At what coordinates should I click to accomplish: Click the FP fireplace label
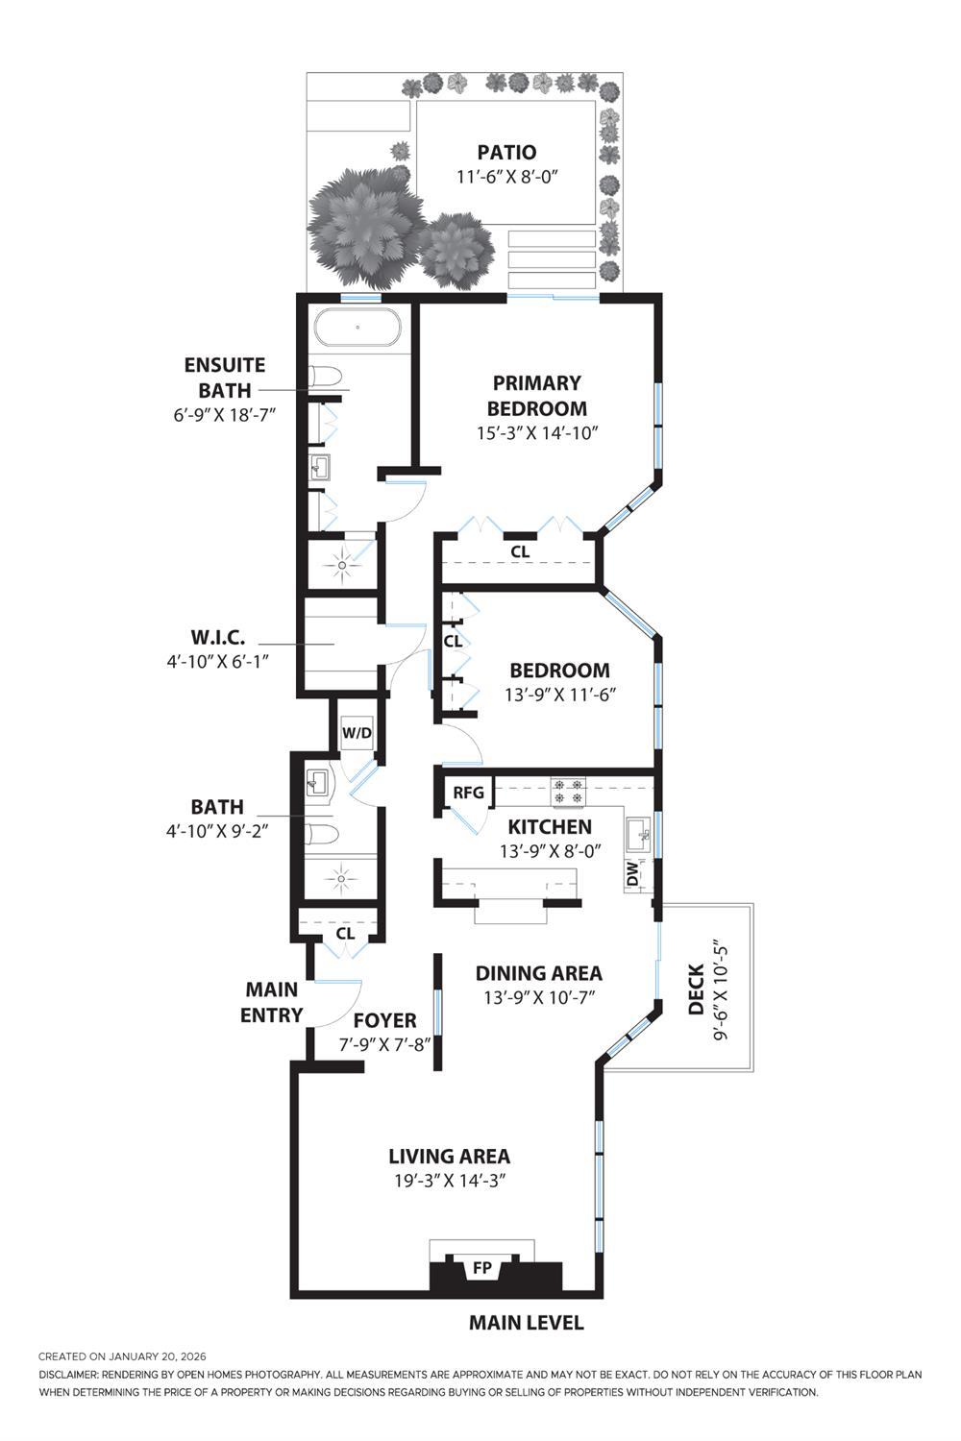coord(482,1268)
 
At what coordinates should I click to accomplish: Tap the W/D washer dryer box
coord(357,733)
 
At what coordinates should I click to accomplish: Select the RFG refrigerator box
coord(468,793)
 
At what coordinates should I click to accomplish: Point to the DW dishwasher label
coord(632,874)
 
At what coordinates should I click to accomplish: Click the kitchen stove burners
coord(566,792)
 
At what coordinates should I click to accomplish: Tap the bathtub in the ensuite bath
coord(357,328)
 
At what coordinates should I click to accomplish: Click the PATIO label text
coord(506,152)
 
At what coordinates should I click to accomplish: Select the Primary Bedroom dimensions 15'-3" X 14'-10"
coord(537,433)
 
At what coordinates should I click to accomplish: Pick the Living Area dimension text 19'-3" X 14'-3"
coord(449,1181)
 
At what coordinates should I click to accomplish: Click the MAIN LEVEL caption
coord(526,1323)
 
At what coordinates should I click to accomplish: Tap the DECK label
coord(697,989)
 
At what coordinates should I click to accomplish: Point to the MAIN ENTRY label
coord(271,1002)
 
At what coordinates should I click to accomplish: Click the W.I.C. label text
coord(217,637)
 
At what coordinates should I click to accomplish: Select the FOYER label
coord(384,1020)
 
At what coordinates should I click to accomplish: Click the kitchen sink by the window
coord(637,836)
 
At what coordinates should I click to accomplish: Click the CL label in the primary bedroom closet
coord(520,552)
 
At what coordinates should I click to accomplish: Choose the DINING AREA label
coord(538,973)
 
